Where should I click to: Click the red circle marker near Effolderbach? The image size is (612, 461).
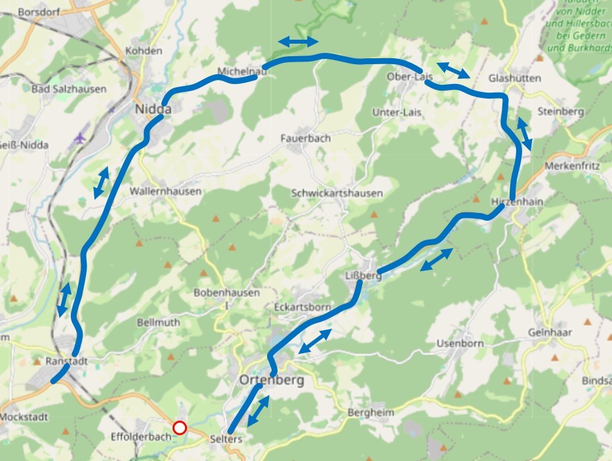(179, 428)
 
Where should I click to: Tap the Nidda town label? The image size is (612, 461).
(153, 109)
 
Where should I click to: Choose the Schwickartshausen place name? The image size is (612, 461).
(336, 193)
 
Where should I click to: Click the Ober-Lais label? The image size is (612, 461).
(409, 77)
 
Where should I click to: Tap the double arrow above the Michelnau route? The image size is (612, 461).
(297, 42)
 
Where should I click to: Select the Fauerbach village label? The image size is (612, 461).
(305, 138)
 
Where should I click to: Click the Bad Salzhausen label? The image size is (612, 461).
(69, 89)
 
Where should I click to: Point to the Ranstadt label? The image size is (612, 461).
(67, 361)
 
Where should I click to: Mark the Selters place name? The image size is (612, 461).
(226, 439)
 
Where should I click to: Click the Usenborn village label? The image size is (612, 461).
(460, 343)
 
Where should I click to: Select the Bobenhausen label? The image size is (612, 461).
(227, 292)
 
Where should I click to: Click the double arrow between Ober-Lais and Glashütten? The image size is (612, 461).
(454, 69)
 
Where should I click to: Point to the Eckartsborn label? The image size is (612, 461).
(302, 308)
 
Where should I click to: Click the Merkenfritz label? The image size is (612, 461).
(572, 166)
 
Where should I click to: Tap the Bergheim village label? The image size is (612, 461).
(370, 412)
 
